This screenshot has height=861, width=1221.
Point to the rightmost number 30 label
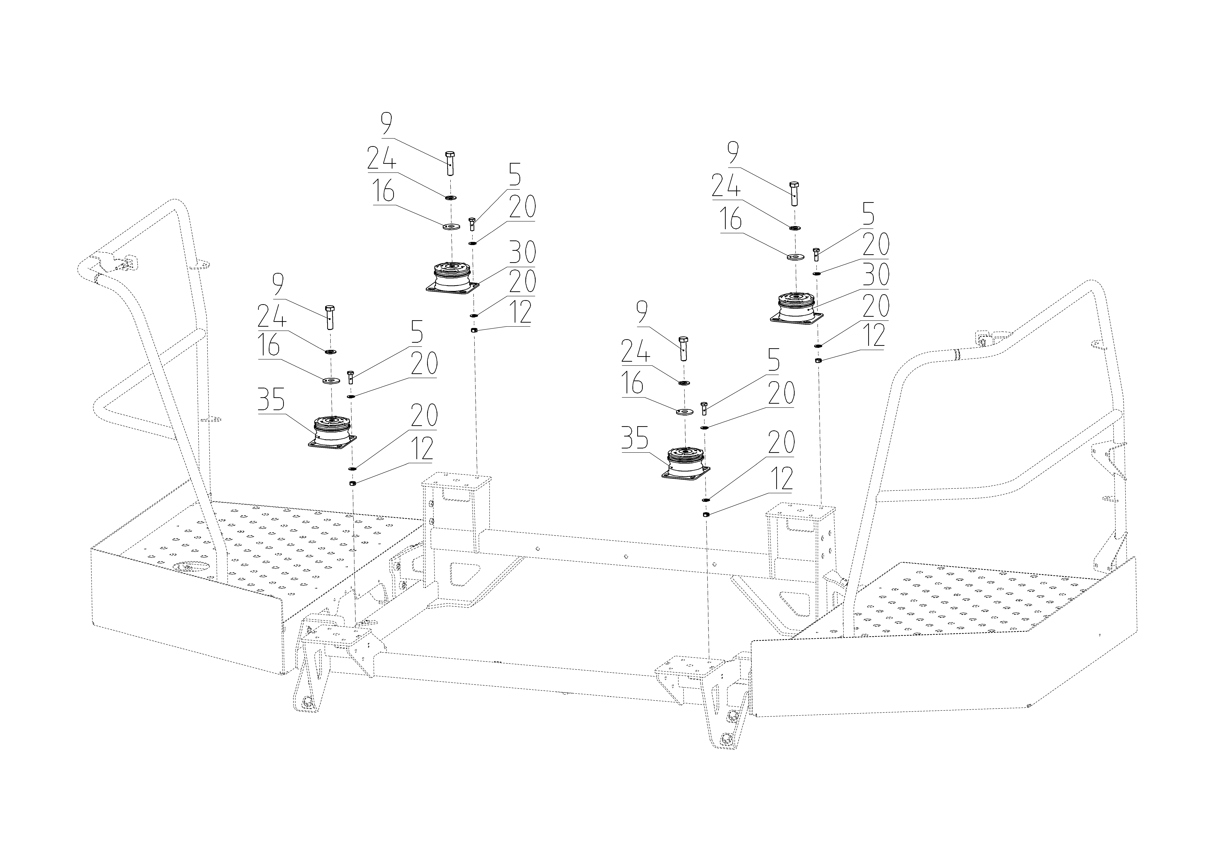tap(875, 275)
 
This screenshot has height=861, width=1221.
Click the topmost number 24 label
tap(381, 158)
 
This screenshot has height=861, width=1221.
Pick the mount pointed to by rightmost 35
tap(686, 466)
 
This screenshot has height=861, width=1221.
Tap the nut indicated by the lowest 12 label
tap(705, 514)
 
